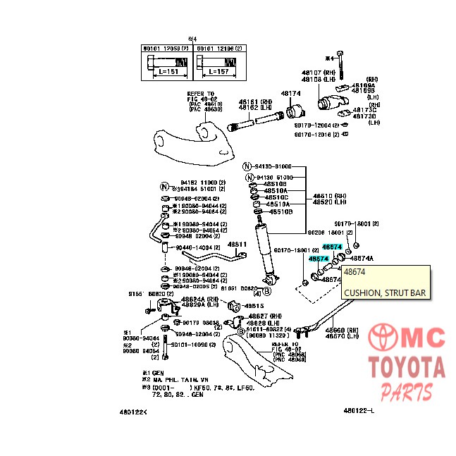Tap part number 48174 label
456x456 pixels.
[290, 93]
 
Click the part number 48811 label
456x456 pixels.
[236, 245]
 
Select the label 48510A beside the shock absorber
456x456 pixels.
[276, 191]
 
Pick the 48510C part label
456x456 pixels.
[276, 197]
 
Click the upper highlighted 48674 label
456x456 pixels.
[332, 247]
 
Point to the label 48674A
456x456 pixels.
[362, 259]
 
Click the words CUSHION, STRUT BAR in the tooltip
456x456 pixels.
[385, 293]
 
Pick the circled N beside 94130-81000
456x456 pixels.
[247, 167]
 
